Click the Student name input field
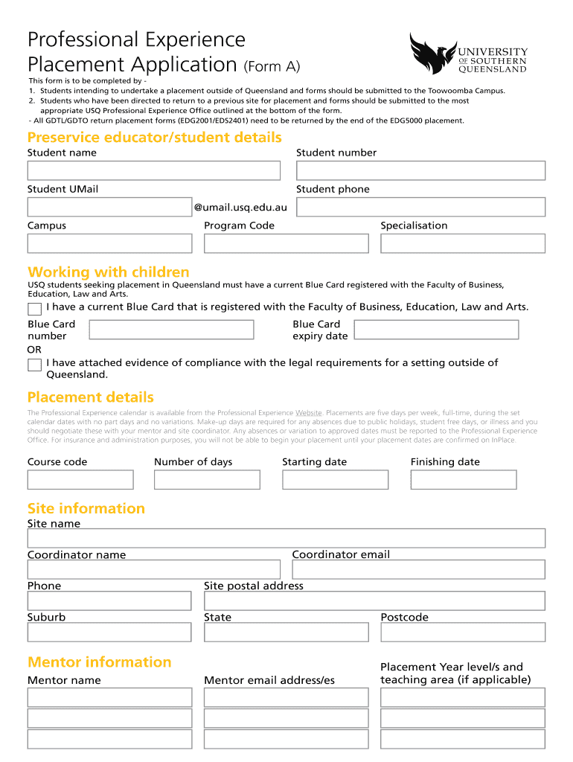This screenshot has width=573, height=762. [153, 170]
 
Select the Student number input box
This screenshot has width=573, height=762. [420, 170]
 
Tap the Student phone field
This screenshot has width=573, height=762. [420, 207]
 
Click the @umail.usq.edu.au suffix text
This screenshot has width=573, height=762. [240, 208]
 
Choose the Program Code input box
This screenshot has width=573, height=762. [286, 243]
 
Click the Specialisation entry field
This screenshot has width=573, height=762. [462, 243]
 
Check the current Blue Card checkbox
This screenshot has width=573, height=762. [34, 309]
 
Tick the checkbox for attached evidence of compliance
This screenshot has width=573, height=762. [34, 365]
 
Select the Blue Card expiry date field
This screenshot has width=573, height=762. [436, 330]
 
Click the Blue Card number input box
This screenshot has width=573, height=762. [171, 330]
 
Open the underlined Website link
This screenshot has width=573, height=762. [309, 413]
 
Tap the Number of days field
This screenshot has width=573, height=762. [207, 480]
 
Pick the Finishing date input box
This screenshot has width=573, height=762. [464, 480]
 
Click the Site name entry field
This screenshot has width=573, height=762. [286, 538]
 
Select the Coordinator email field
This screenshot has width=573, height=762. [418, 569]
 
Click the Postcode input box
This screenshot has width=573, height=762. [462, 632]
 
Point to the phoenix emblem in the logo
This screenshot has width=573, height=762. [432, 54]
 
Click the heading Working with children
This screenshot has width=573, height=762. [109, 272]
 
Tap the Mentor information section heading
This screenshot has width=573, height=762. [100, 662]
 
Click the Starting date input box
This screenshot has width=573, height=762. [335, 480]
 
